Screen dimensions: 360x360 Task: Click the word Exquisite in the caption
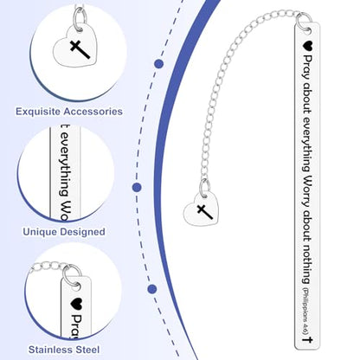pos(38,112)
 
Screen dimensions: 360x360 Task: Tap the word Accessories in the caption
pos(93,112)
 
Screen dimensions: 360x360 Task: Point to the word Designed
pos(82,232)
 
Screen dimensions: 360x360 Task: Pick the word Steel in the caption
pos(88,350)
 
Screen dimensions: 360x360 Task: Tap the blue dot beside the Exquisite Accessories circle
pos(158,64)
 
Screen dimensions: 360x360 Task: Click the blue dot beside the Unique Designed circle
pos(137,188)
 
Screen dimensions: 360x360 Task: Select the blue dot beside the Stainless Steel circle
pos(152,289)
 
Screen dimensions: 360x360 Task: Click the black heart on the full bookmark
pos(307,45)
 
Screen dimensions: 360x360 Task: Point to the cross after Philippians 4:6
pos(307,339)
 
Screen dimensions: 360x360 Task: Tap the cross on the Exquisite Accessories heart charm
pos(80,49)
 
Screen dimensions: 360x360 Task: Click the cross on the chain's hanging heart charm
pos(205,211)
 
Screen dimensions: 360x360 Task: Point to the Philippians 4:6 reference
pos(306,311)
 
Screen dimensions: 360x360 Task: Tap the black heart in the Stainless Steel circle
pos(77,303)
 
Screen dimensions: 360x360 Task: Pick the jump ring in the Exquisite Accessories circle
pos(80,18)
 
